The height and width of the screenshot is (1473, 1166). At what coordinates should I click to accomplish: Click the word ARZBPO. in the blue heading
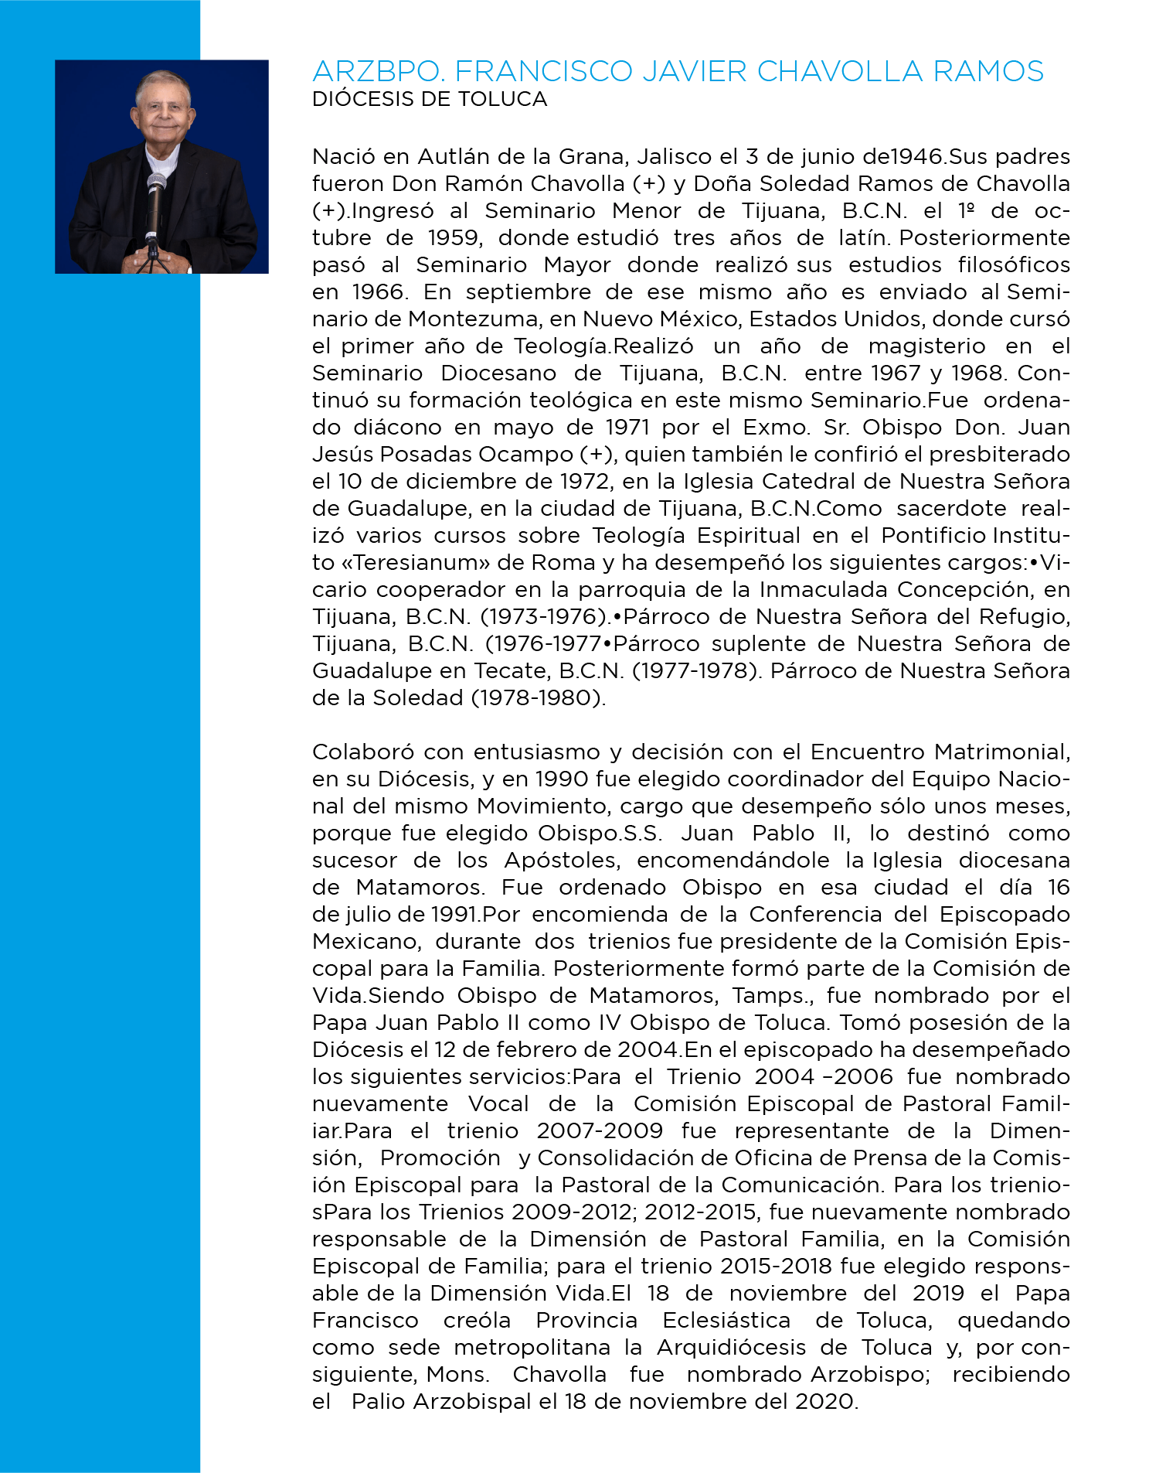[x=378, y=72]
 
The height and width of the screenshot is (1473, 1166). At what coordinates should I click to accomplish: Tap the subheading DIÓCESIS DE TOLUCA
[x=430, y=100]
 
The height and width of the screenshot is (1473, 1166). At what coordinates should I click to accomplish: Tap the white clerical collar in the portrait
[x=163, y=161]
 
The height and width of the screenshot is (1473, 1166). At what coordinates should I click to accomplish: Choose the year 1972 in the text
[x=582, y=482]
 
